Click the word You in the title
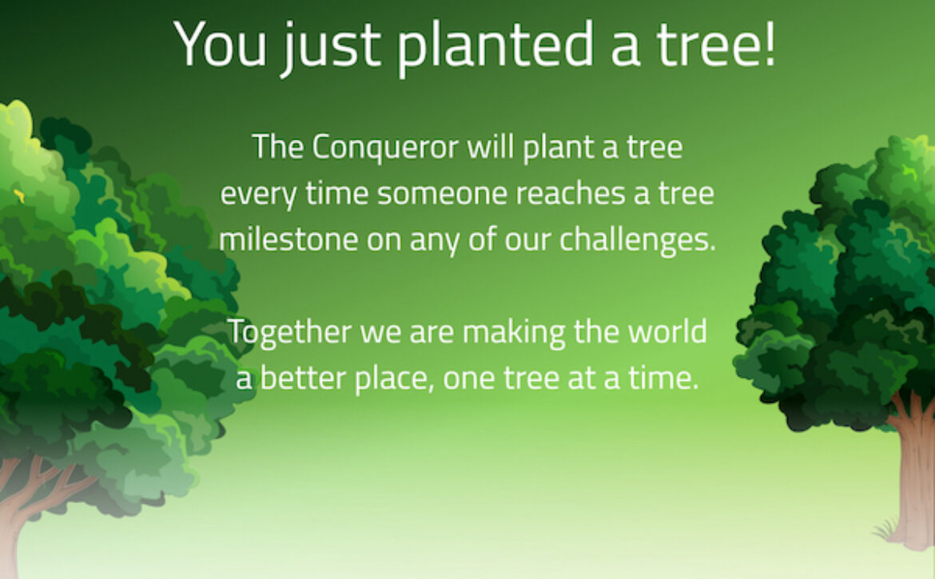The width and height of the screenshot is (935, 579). pos(220,44)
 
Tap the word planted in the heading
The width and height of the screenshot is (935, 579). pos(495,46)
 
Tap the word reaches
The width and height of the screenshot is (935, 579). pos(571,193)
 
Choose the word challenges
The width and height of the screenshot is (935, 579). pos(637,240)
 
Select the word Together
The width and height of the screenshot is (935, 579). pos(289,331)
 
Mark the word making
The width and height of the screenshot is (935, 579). pos(514,332)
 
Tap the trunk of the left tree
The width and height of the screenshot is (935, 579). pos(24,512)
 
